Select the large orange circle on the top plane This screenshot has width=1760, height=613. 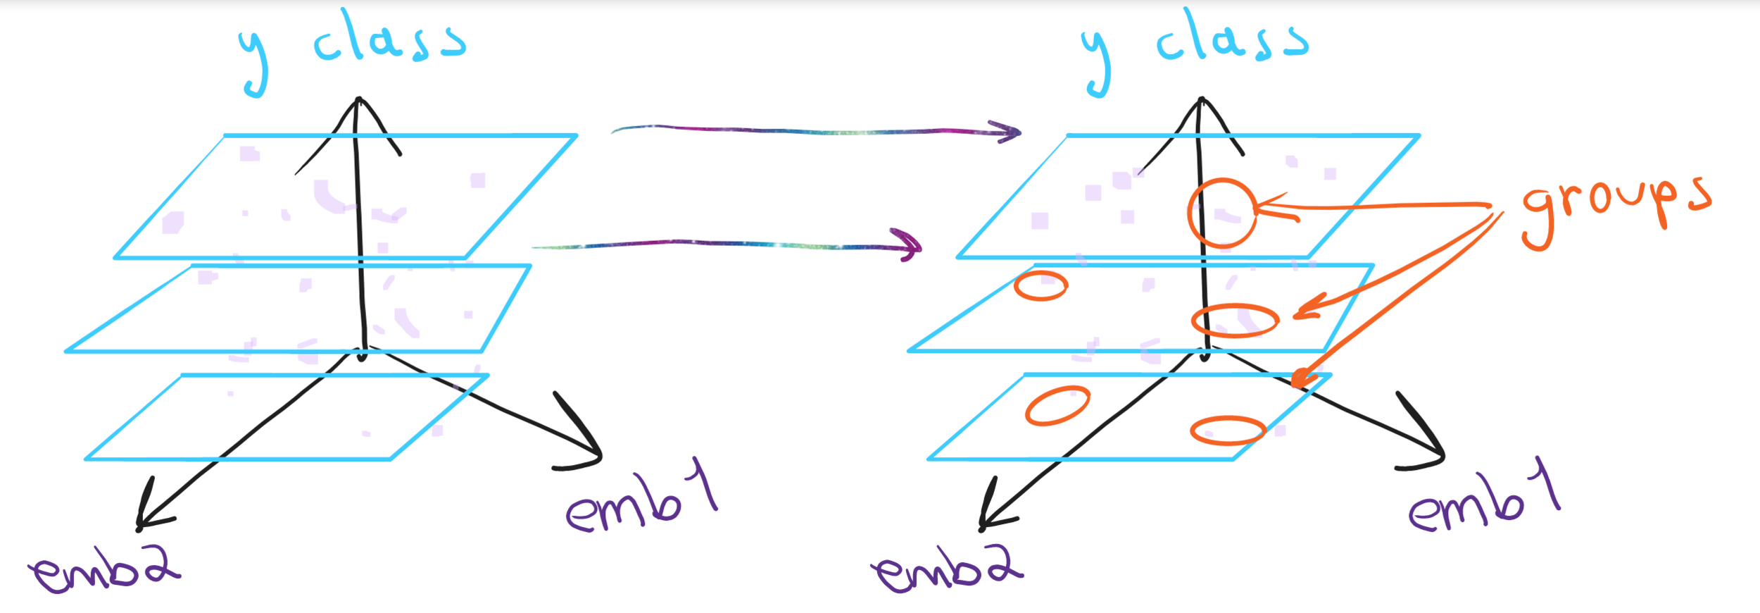coord(1222,213)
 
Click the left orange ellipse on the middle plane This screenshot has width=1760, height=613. coord(1041,286)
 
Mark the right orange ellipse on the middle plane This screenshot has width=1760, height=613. coord(1235,321)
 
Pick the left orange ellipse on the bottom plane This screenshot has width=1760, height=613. coord(1057,406)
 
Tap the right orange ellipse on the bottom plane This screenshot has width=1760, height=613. coord(1228,431)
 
